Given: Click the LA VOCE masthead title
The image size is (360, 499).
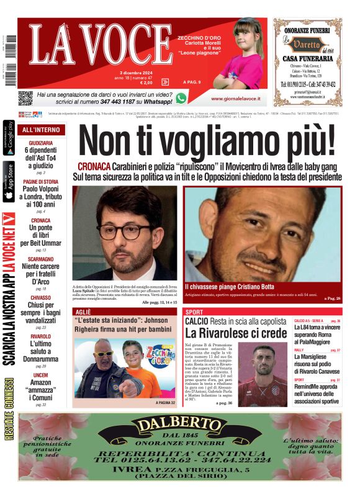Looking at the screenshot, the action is pos(99,47).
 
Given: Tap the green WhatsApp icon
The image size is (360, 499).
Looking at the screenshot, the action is pos(181,98).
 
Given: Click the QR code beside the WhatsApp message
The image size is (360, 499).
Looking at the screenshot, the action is pos(25,97).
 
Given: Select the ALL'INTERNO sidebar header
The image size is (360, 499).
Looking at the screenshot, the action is pos(41,130).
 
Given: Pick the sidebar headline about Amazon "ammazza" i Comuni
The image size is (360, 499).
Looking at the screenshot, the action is pos(41,392).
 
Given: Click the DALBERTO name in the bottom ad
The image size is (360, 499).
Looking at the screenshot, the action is pos(179,426).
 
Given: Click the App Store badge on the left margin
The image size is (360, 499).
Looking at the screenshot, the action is pos(9,181).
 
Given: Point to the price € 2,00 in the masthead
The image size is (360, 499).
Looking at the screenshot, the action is pos(146,82).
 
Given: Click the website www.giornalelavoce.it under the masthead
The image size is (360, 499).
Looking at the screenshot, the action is pos(235,99).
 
